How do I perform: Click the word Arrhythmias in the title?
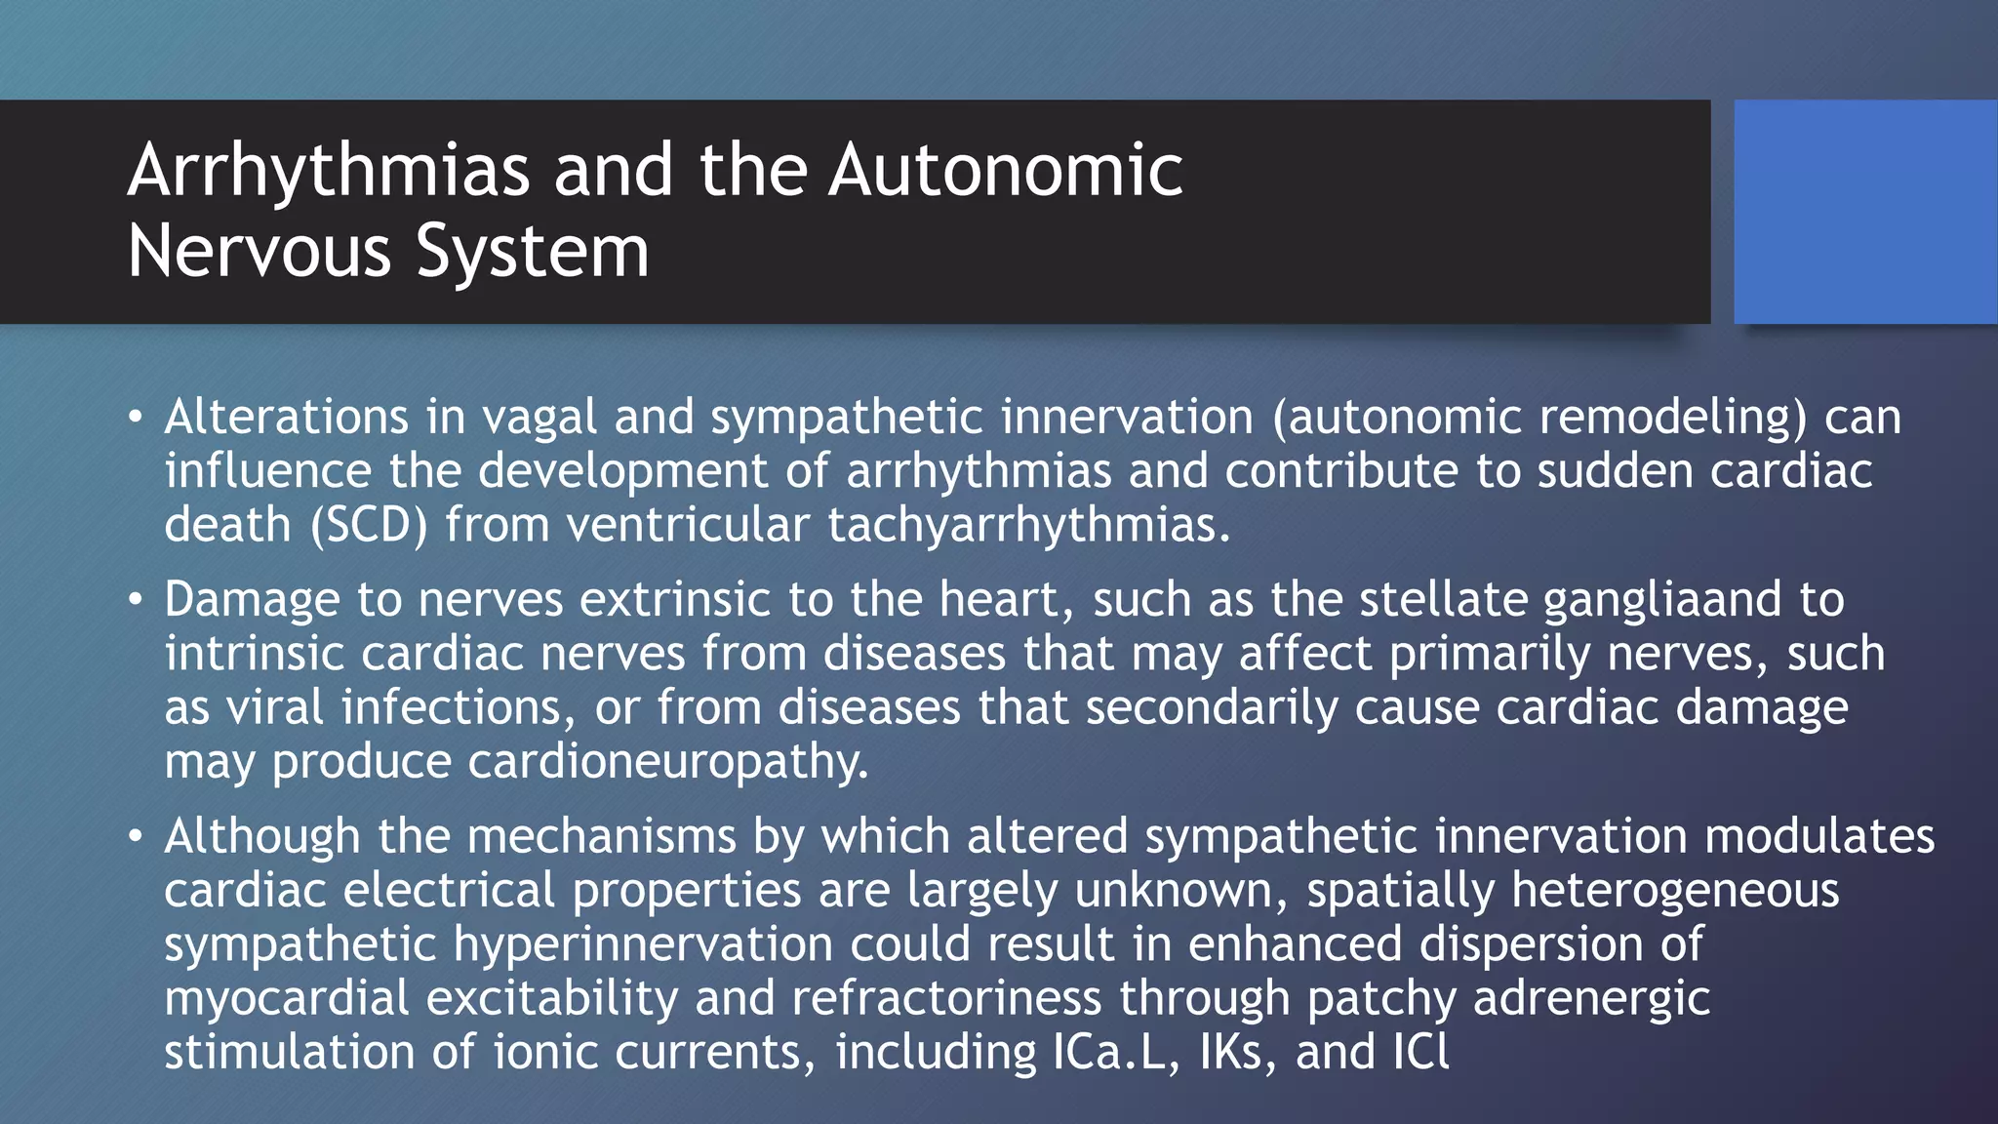click(x=329, y=172)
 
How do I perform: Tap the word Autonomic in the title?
click(x=1006, y=170)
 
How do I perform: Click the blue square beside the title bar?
click(x=1865, y=211)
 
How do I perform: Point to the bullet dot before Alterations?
click(x=136, y=419)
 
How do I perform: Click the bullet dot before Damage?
click(x=136, y=600)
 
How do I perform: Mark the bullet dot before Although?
click(x=136, y=837)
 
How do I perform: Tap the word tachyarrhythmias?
click(x=1029, y=525)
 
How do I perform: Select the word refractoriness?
click(x=945, y=997)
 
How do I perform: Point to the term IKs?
click(x=1237, y=1052)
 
